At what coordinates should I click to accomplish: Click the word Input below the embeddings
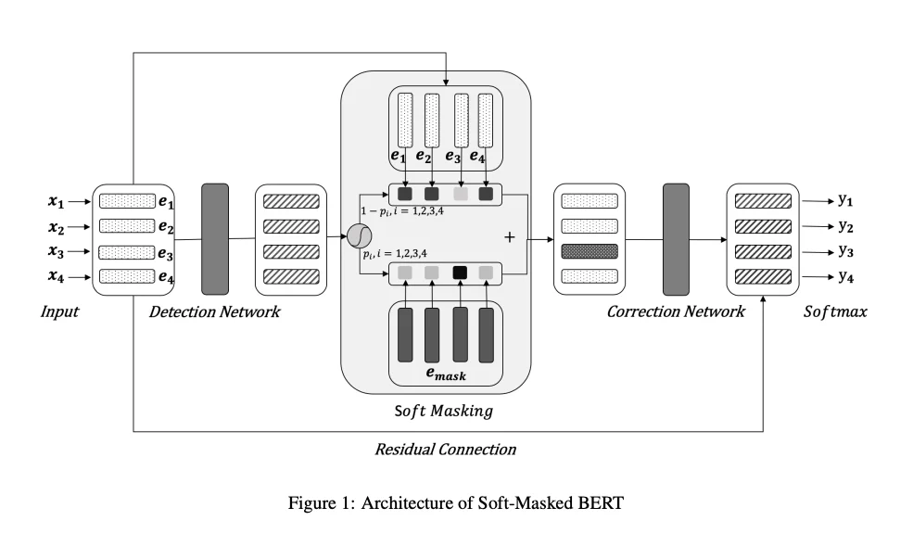[59, 311]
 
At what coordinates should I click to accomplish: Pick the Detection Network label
[214, 311]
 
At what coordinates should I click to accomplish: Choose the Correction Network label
[675, 311]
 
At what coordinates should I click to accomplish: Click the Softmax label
[834, 311]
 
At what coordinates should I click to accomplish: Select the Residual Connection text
[445, 450]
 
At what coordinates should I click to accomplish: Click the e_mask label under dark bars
[445, 374]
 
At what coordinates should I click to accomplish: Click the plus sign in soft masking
[509, 237]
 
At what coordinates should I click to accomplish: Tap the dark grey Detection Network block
[214, 238]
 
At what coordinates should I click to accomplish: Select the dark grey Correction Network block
[676, 238]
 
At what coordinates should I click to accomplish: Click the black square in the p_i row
[459, 273]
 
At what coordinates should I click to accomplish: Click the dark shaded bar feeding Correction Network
[590, 250]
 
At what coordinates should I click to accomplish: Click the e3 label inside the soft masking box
[452, 157]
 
